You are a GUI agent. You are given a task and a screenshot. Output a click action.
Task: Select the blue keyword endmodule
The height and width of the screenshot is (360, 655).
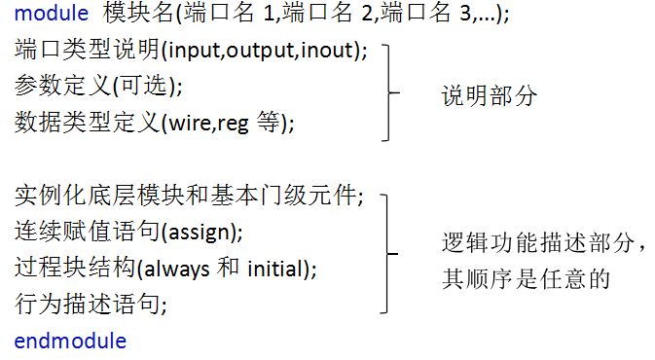point(70,341)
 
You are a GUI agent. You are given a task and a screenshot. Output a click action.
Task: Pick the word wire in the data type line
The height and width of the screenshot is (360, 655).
point(185,124)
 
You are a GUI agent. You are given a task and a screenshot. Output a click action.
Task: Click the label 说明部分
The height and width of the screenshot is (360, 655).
point(489,97)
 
